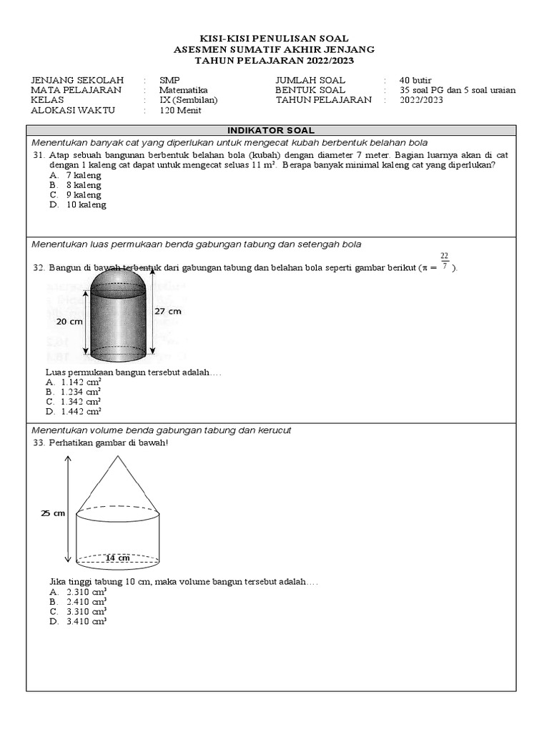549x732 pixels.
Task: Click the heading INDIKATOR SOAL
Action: click(x=270, y=130)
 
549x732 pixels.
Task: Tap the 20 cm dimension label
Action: click(x=70, y=322)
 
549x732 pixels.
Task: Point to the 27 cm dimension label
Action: click(x=168, y=311)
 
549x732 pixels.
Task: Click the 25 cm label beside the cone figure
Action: click(x=53, y=513)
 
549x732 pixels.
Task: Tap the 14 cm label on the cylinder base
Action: click(x=117, y=558)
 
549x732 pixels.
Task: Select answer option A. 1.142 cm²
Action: click(x=74, y=382)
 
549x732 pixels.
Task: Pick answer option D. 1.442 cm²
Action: click(x=74, y=411)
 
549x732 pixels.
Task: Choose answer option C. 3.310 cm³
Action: click(x=78, y=611)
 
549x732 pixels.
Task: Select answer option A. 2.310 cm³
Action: click(x=78, y=593)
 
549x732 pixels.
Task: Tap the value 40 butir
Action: click(x=415, y=80)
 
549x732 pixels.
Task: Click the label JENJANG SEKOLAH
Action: click(x=77, y=80)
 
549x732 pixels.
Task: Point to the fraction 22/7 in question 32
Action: click(x=444, y=261)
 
